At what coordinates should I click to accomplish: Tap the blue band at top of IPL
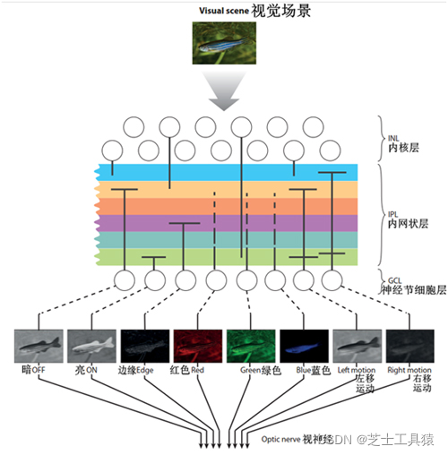coord(224,172)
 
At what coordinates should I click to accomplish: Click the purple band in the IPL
coord(224,222)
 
